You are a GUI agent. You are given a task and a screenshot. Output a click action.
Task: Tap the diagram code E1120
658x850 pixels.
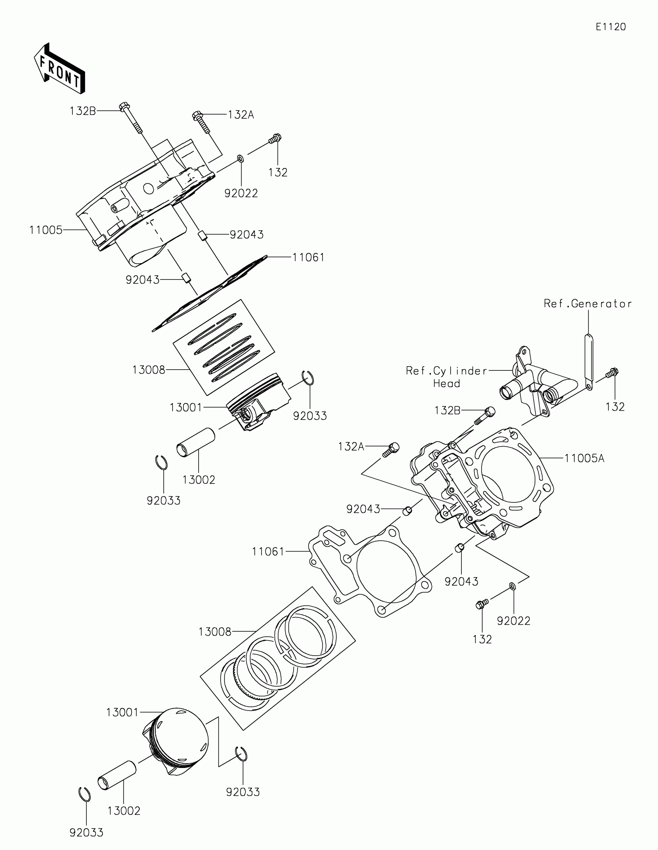(x=610, y=27)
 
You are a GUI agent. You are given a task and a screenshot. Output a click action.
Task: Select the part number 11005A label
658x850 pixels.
(x=584, y=458)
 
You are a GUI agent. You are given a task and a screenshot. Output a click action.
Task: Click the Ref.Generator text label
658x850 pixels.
(x=588, y=303)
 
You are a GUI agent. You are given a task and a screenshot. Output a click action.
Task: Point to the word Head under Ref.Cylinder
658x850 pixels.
(x=446, y=384)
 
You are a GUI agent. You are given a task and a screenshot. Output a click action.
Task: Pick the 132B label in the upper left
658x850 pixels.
(x=83, y=111)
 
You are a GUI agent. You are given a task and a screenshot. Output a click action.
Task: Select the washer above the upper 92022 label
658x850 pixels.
(x=240, y=159)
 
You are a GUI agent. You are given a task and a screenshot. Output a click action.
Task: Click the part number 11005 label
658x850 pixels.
(x=46, y=230)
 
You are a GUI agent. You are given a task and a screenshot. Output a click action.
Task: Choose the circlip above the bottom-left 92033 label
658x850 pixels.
(x=84, y=794)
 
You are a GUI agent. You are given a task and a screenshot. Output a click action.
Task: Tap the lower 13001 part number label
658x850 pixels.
(x=122, y=712)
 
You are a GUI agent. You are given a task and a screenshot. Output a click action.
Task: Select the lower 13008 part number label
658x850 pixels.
(x=215, y=632)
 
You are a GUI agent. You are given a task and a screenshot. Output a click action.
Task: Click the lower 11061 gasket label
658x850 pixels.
(x=268, y=552)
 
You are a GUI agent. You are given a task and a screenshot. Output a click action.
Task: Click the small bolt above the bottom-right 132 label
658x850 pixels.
(x=482, y=605)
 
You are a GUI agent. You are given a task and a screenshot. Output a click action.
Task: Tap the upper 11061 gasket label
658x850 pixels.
(x=308, y=257)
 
